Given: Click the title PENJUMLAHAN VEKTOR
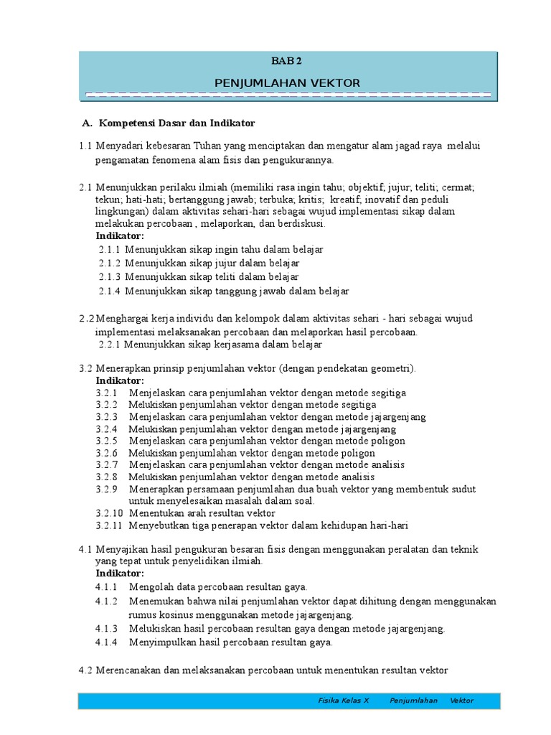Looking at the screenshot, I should [x=287, y=83].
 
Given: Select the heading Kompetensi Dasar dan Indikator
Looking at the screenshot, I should [x=177, y=123].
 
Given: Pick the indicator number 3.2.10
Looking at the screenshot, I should [x=108, y=513].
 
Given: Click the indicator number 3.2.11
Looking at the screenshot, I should [x=108, y=525].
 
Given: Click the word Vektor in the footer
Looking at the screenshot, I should [x=462, y=701].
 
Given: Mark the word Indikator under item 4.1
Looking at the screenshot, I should [x=120, y=573].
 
